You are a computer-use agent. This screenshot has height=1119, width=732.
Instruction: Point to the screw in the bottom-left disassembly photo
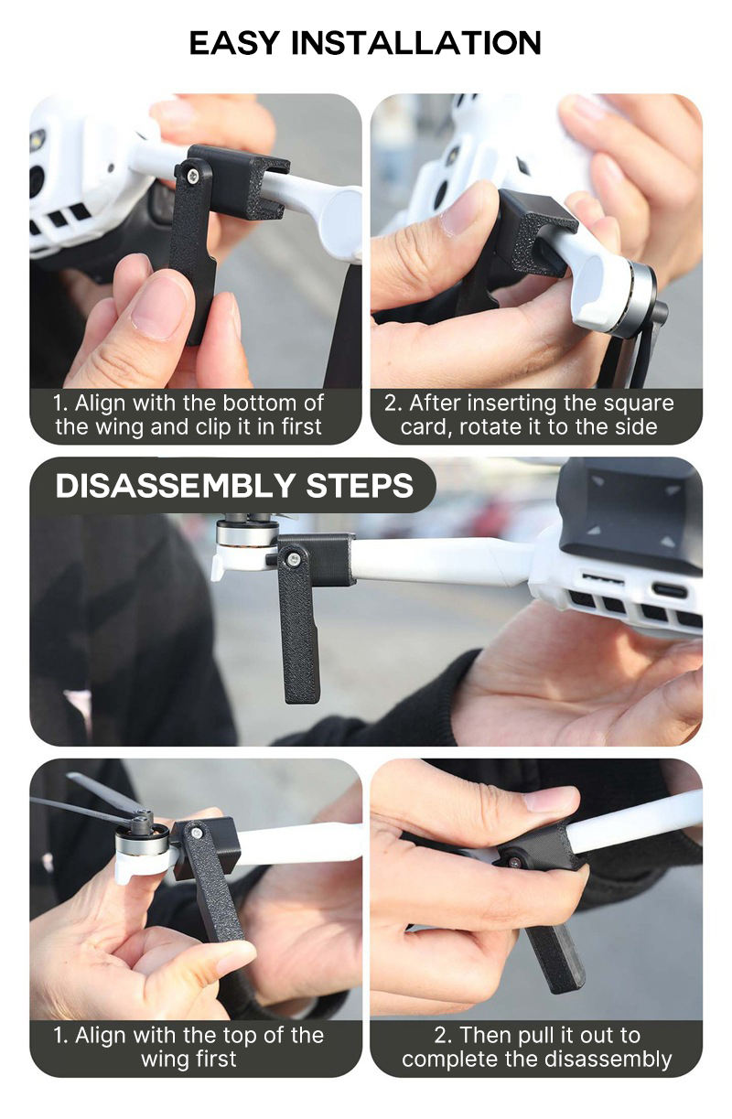point(196,831)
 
